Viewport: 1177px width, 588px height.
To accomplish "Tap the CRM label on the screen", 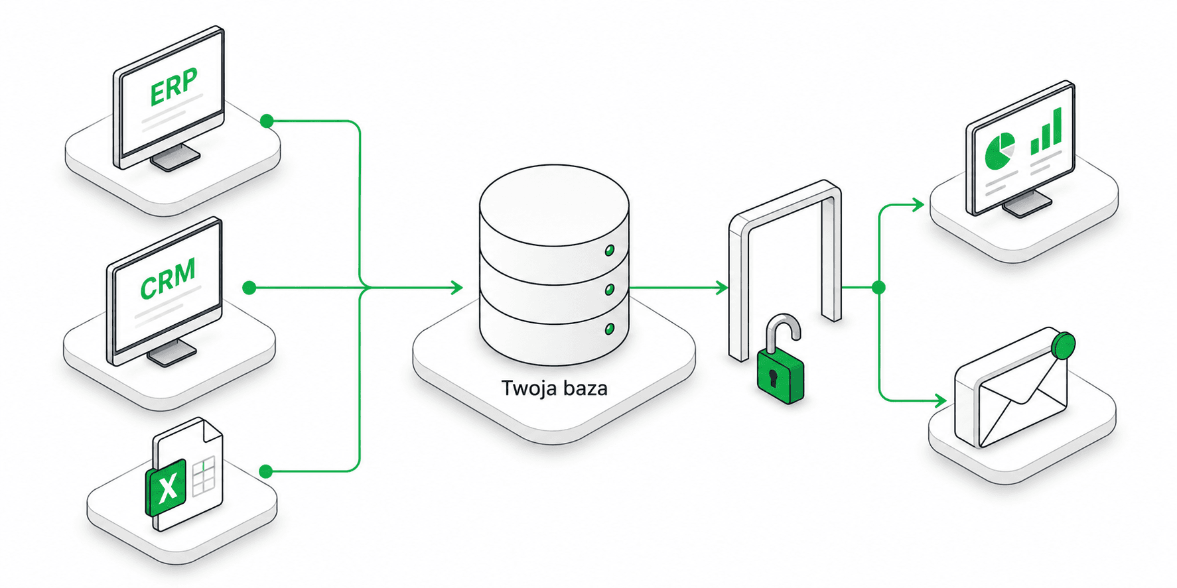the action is coord(169,278).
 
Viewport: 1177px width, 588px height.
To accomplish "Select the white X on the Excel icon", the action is coord(169,488).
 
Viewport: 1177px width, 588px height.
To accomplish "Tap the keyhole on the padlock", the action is coord(773,378).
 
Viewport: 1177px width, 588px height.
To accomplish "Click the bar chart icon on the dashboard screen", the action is coord(1046,133).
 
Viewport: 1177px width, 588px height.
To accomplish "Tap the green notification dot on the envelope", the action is coord(1064,345).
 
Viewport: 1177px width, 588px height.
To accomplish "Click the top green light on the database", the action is coord(609,251).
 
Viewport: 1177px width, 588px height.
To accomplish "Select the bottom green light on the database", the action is coord(609,329).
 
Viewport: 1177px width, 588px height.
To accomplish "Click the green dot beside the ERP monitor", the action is coord(267,121).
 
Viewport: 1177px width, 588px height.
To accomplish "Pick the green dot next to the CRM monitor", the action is coord(249,288).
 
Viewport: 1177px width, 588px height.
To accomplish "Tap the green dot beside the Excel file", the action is coord(266,471).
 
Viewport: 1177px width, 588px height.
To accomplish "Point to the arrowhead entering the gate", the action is coord(722,288).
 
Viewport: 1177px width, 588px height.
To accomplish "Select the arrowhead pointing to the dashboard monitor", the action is coord(918,205).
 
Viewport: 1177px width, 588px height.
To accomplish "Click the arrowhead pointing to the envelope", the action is coord(940,400).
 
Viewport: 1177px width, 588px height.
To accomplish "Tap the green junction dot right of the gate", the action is coord(879,288).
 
